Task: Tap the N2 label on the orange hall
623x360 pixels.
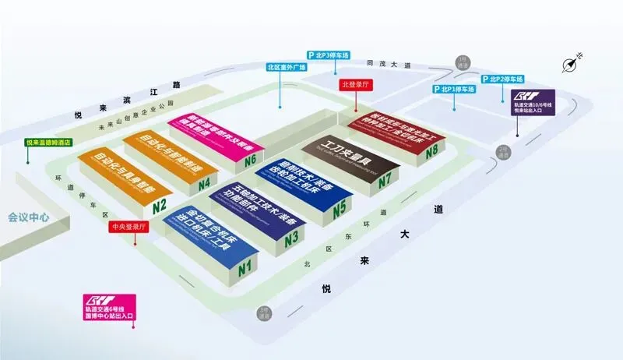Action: pos(160,207)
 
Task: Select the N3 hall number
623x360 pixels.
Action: pos(292,240)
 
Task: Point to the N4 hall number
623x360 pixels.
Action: pos(204,185)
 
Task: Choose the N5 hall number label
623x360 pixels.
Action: pos(339,210)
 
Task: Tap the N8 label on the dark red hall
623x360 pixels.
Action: pos(431,150)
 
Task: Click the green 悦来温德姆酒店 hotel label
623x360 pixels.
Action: pos(48,142)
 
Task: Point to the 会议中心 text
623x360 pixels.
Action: pos(30,217)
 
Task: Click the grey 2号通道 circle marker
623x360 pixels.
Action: pos(503,153)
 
